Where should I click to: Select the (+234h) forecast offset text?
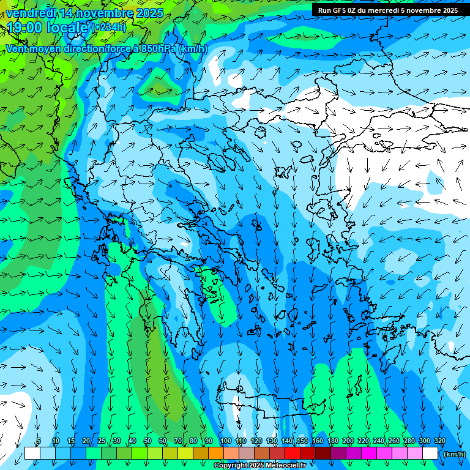coord(109,27)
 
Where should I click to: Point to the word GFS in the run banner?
coord(338,10)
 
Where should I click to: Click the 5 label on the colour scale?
coord(39,441)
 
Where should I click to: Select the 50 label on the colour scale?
coord(147,441)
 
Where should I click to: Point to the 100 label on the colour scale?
coord(225,441)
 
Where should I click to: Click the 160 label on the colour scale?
coord(317,441)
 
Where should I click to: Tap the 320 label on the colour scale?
coord(440,441)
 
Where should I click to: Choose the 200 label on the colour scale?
coord(348,441)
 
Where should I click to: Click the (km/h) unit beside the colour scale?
coord(454,454)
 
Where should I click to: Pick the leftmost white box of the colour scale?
coord(32,453)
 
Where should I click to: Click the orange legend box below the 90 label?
coord(216,453)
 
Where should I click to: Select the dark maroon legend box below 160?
coord(323,453)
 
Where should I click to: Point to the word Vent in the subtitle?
coord(18,48)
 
